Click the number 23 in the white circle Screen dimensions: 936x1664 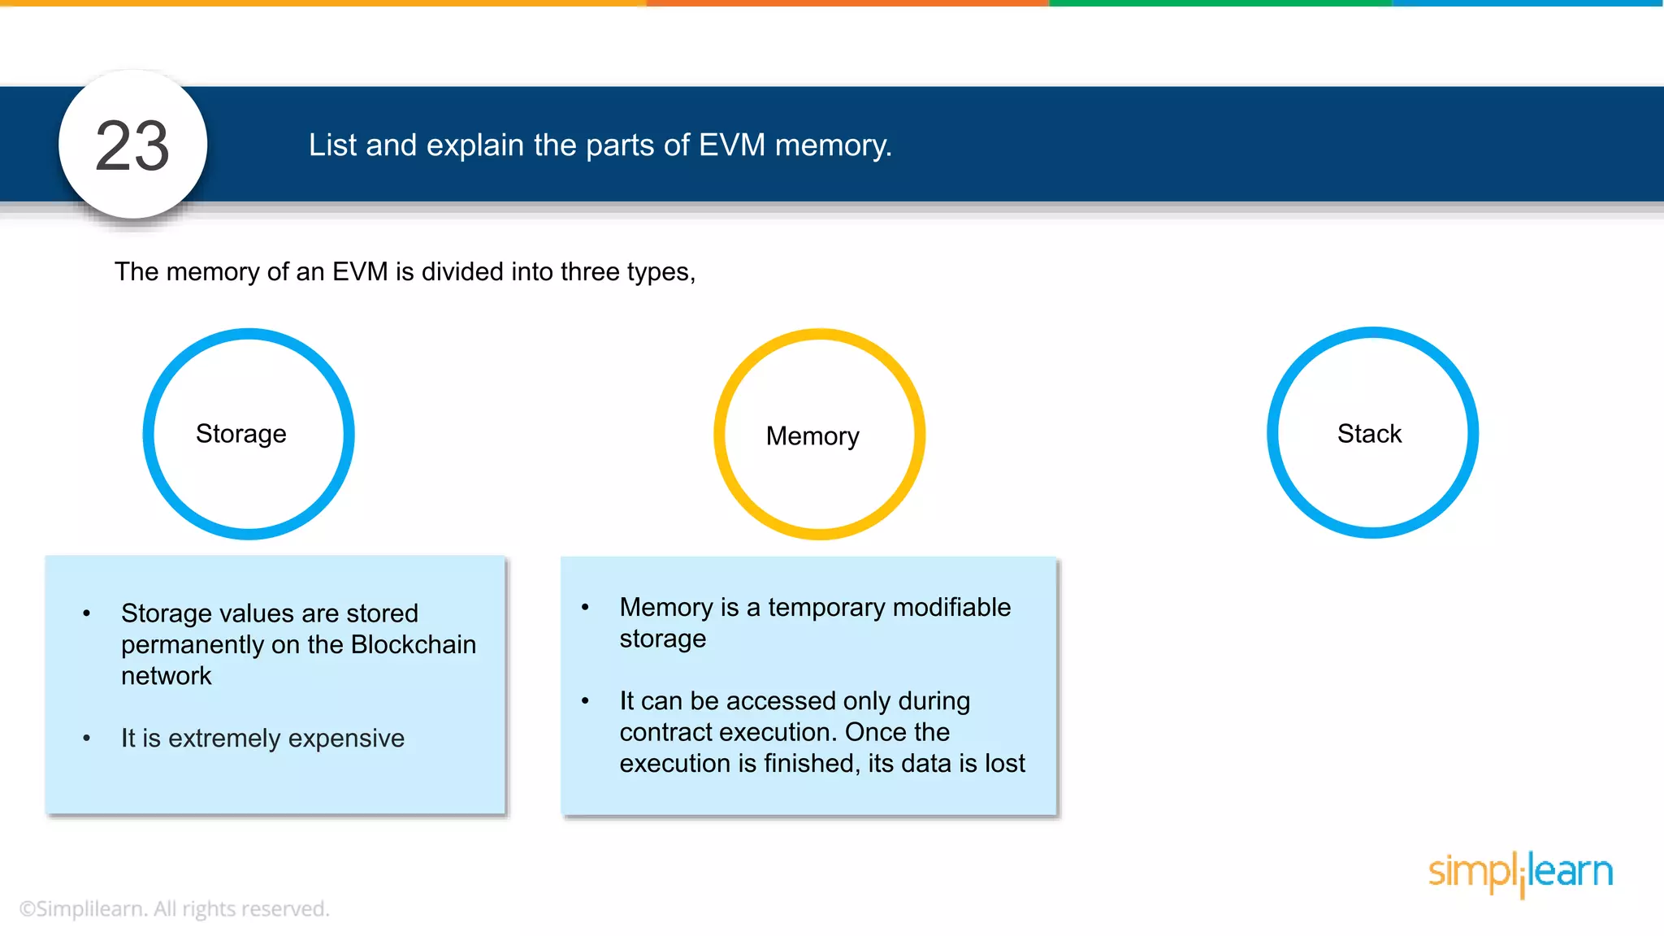132,146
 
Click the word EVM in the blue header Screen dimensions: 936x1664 731,145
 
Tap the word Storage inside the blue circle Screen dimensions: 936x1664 240,434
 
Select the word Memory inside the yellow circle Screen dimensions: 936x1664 812,436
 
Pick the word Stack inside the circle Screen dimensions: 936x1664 1369,434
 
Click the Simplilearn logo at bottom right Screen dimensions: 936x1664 1520,873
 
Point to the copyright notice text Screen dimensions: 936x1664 174,908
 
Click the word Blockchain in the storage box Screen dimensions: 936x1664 413,644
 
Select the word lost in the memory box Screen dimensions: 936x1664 1005,763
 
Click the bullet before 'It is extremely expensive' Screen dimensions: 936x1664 87,738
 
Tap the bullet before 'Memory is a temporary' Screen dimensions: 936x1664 585,607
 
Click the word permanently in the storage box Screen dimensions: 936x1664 193,645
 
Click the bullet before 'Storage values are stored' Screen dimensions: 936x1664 87,613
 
